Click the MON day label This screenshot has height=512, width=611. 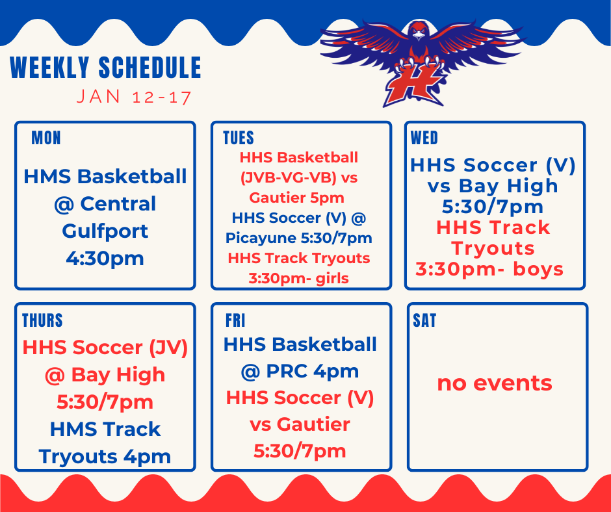46,138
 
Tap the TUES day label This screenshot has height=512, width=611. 238,138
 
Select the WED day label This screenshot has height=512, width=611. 424,138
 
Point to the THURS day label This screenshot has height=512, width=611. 42,320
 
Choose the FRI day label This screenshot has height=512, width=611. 235,320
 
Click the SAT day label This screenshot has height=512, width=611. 424,320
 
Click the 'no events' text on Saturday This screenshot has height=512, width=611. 495,383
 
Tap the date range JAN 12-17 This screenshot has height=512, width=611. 134,97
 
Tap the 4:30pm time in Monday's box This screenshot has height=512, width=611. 105,258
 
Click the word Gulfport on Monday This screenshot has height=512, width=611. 105,231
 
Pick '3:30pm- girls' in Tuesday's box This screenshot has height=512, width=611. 299,278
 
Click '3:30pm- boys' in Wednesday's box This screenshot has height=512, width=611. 489,269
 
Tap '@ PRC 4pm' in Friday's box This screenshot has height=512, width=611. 300,371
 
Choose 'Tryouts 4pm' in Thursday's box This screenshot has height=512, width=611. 105,456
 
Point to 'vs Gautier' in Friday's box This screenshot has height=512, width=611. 300,424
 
